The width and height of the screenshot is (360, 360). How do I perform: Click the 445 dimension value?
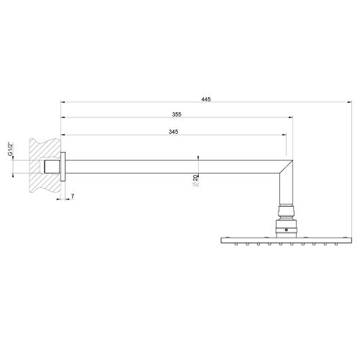click(207, 98)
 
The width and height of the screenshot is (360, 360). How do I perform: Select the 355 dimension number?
click(176, 114)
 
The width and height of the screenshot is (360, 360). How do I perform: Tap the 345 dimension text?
click(173, 132)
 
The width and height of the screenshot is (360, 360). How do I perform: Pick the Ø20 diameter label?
click(195, 183)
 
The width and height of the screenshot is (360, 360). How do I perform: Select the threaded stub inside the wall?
click(50, 167)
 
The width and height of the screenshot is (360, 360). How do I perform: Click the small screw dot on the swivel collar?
click(286, 230)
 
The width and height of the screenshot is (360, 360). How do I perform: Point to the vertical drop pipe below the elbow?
click(286, 191)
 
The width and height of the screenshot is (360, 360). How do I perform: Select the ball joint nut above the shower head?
click(286, 214)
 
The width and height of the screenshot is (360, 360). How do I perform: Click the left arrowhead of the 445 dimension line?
click(63, 101)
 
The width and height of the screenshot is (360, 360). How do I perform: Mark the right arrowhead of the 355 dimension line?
click(291, 117)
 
